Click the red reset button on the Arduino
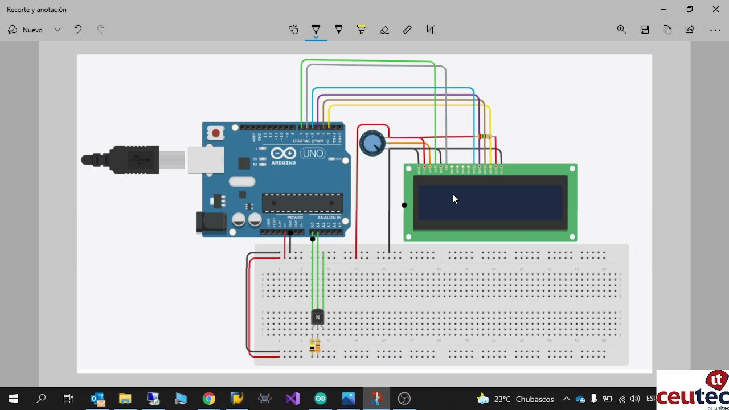coord(215,133)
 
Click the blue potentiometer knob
coord(372,143)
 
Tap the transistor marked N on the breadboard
coord(318,318)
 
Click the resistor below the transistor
coord(314,346)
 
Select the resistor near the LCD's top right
coord(485,137)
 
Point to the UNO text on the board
coord(313,154)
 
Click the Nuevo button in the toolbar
coord(26,30)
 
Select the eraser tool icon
coord(384,30)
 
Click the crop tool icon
coord(430,30)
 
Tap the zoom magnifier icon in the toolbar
coord(622,30)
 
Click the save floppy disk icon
coord(645,30)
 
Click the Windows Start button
coord(14,399)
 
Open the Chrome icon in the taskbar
coord(209,399)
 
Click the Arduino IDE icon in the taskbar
coord(321,399)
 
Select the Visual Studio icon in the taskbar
coord(293,399)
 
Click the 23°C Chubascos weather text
coord(524,399)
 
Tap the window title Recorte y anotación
coord(36,10)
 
